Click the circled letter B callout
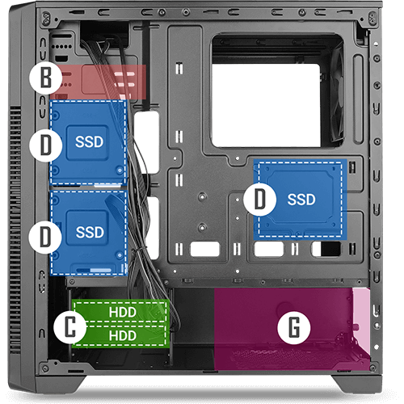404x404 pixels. [46, 78]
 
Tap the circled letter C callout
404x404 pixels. [70, 326]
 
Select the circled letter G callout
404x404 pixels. [294, 327]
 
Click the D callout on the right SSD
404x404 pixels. [260, 200]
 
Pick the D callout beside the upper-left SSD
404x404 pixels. [46, 145]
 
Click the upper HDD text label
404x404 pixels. [123, 313]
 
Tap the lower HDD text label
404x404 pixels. [123, 336]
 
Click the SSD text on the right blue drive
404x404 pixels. [301, 200]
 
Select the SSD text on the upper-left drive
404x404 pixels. [89, 142]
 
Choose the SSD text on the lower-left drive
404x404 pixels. [90, 232]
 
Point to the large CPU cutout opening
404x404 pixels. [266, 106]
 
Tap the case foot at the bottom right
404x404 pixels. [357, 385]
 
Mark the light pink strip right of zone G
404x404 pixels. [362, 321]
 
